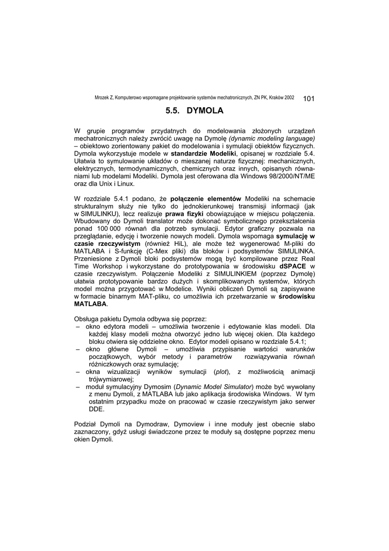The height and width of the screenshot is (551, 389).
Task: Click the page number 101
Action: point(309,98)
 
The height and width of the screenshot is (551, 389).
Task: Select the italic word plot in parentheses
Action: point(220,371)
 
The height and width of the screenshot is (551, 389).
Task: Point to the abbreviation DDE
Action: point(96,409)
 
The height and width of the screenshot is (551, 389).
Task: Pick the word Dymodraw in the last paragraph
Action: point(152,424)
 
